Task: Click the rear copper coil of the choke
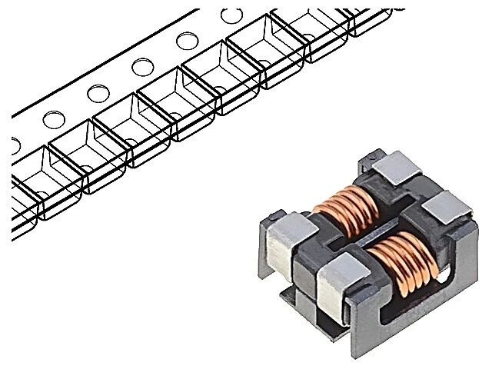click(x=346, y=207)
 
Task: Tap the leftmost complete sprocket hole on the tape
click(x=54, y=119)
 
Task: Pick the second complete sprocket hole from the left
click(x=98, y=93)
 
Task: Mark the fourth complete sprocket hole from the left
click(x=186, y=41)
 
